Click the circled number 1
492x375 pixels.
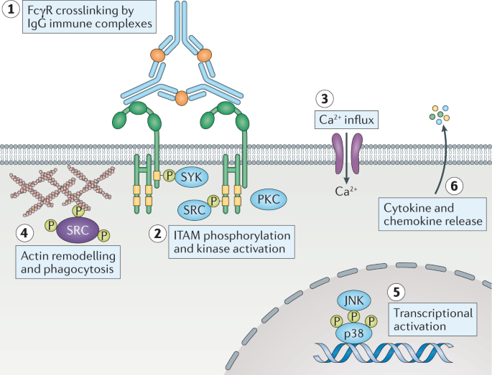coord(11,11)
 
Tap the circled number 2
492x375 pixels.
coord(156,233)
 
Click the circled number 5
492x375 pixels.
coord(394,292)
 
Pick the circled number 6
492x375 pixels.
coord(452,185)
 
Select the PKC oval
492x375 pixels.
coord(266,198)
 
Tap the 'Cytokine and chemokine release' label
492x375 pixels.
coord(432,214)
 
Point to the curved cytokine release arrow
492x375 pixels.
coord(438,154)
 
